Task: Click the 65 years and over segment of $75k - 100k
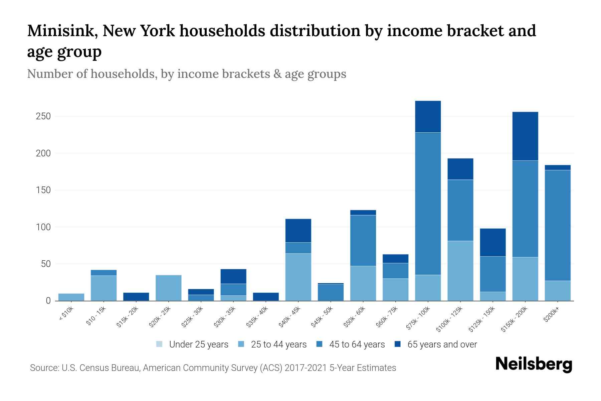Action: click(x=428, y=117)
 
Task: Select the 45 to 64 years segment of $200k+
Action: click(x=557, y=225)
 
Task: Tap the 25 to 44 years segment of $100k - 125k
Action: click(x=460, y=271)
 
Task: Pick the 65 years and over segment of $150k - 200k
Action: click(x=525, y=136)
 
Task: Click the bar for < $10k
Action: click(x=71, y=297)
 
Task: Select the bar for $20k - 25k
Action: click(x=169, y=288)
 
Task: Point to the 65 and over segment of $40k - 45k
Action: click(x=298, y=231)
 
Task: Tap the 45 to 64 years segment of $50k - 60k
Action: click(x=363, y=241)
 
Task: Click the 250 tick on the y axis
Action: click(x=43, y=116)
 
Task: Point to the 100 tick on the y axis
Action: click(x=43, y=227)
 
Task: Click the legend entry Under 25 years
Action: click(x=198, y=345)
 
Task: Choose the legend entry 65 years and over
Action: click(x=442, y=345)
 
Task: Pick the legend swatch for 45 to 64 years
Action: click(x=320, y=344)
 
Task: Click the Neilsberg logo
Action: click(x=534, y=364)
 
